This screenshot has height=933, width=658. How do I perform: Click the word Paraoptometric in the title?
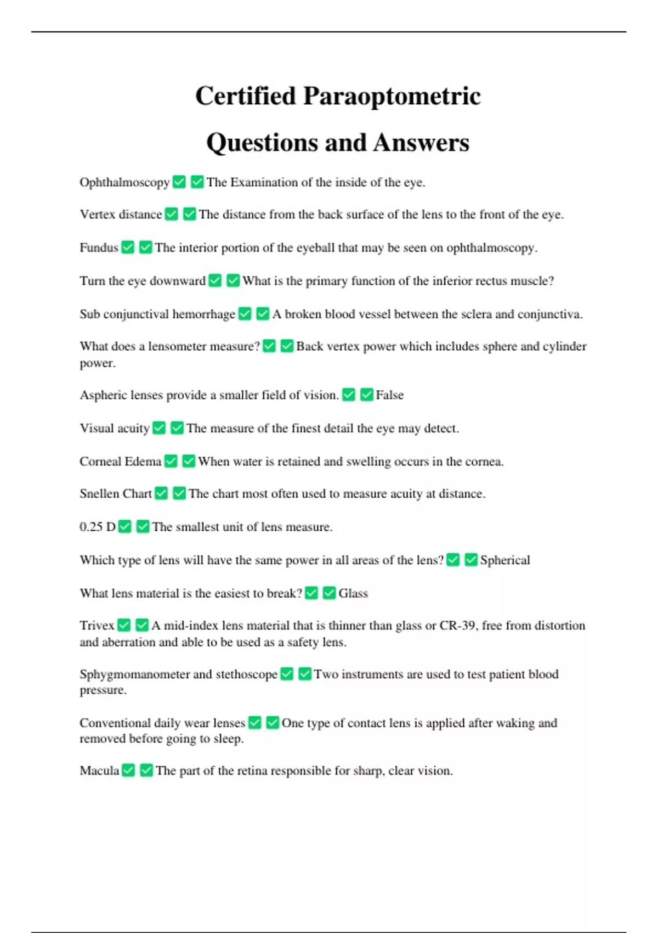(392, 96)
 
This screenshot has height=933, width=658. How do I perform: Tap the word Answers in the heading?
(421, 143)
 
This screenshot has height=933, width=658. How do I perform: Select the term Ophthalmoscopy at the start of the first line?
(124, 182)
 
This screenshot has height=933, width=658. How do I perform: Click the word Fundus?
(99, 248)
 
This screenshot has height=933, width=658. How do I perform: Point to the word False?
(389, 395)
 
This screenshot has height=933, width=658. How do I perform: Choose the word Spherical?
(505, 560)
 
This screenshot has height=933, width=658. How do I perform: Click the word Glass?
(353, 593)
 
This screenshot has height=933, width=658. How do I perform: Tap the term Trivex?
(97, 626)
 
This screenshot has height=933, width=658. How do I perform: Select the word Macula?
(99, 771)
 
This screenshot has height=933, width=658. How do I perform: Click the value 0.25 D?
(98, 527)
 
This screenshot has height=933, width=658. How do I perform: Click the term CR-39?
(457, 626)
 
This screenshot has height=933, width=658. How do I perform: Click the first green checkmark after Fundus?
(128, 248)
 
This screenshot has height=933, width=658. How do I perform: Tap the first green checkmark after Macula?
(128, 771)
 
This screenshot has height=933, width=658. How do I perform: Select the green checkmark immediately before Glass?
(329, 593)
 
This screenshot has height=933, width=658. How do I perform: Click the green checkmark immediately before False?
(366, 395)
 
